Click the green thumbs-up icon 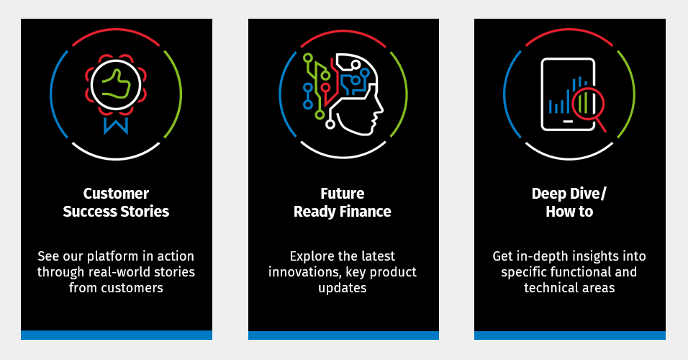pyautogui.click(x=116, y=84)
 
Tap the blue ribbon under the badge pyautogui.click(x=116, y=125)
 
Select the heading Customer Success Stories pyautogui.click(x=116, y=202)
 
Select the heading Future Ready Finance pyautogui.click(x=343, y=202)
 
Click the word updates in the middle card pyautogui.click(x=343, y=288)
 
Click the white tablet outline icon pyautogui.click(x=569, y=94)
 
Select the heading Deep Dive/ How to pyautogui.click(x=569, y=202)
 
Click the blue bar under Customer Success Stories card pyautogui.click(x=117, y=335)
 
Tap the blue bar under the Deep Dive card pyautogui.click(x=570, y=335)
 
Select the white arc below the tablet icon pyautogui.click(x=569, y=154)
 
